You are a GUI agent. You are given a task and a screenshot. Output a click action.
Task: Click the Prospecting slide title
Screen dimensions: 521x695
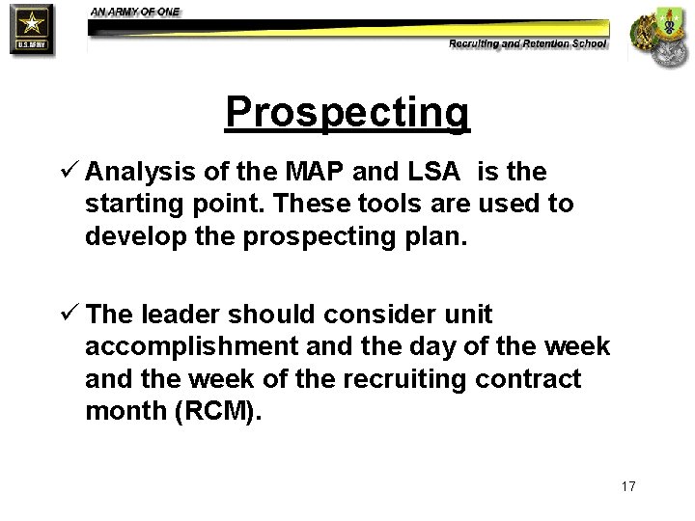coord(347,113)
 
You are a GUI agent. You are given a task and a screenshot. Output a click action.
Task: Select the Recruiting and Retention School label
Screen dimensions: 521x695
coord(528,43)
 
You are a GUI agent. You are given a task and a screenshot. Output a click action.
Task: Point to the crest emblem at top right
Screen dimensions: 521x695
coord(659,37)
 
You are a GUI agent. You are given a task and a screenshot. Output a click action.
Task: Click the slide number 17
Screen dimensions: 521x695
coord(628,485)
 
